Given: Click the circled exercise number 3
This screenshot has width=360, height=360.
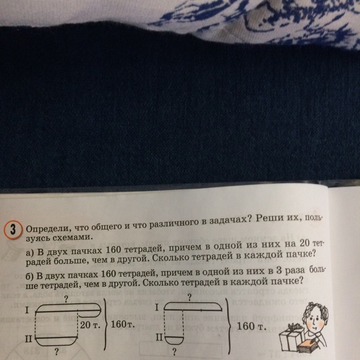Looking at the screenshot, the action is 13,230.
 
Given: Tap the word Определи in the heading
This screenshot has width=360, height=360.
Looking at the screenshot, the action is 47,229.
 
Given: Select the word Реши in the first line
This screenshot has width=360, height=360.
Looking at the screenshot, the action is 269,218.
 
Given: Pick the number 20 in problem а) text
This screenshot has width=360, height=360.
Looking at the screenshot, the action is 305,244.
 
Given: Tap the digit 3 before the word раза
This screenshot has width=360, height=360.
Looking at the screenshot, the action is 279,271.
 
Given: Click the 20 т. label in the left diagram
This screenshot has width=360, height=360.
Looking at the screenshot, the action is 90,325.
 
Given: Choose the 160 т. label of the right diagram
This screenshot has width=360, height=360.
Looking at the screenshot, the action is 251,326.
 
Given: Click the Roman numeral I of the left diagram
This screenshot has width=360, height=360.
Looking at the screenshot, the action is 27,310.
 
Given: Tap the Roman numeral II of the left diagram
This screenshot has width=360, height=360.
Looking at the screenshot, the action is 29,339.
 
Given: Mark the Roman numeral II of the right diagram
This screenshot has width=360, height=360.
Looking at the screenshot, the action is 160,337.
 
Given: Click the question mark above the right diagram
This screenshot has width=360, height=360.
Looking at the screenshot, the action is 189,298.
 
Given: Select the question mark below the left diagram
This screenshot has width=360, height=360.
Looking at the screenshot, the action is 56,352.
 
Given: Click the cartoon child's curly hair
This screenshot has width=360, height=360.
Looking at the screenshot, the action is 316,311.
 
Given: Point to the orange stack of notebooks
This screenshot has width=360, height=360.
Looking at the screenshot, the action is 309,345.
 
